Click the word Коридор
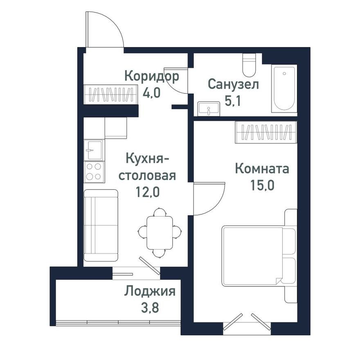pos(152,76)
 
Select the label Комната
pos(262,169)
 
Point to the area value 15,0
pos(262,184)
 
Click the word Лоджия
pos(150,292)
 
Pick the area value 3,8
pos(150,307)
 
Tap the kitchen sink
pos(94,150)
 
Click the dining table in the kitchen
pos(160,232)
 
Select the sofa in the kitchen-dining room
pos(101,225)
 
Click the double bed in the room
pos(258,256)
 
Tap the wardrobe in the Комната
pos(265,133)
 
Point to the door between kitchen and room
pos(209,198)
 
